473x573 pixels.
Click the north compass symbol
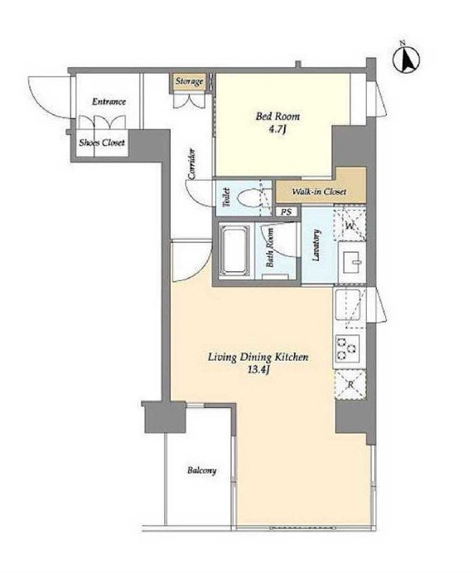pos(406,59)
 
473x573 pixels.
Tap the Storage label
pos(189,80)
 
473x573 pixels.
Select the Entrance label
pos(109,101)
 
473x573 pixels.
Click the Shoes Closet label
pos(102,143)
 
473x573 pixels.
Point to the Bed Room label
pos(278,117)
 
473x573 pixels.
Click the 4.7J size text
pos(277,129)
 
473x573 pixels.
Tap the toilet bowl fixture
pos(252,198)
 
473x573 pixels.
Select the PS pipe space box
pos(287,211)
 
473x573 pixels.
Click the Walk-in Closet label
pos(319,192)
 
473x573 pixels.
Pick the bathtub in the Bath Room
pos(234,250)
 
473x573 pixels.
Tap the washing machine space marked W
pos(350,223)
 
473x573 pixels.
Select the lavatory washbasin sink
pos(352,261)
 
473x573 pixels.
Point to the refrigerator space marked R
pos(350,384)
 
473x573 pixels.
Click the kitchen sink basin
pos(348,304)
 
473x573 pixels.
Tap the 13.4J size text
pos(258,370)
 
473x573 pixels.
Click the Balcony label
pos(201,470)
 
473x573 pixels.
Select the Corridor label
pos(191,164)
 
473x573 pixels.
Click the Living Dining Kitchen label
pos(258,357)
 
